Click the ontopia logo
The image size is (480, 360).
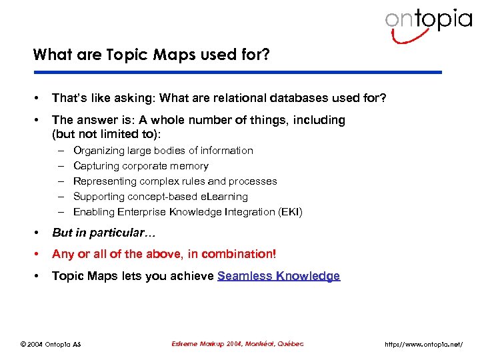click(x=428, y=23)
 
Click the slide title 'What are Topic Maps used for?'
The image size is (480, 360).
click(x=151, y=55)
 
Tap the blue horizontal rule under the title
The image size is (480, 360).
click(x=237, y=72)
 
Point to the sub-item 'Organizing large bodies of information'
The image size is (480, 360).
click(x=163, y=151)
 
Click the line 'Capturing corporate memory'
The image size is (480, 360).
click(x=141, y=166)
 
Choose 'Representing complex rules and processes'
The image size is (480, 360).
click(x=175, y=181)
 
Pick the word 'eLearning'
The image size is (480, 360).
click(x=223, y=197)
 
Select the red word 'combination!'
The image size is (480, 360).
click(x=243, y=254)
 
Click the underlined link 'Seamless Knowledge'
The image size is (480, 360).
click(x=279, y=276)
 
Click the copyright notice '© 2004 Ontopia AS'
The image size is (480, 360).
click(x=50, y=344)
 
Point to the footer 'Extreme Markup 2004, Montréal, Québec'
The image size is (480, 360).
click(x=237, y=343)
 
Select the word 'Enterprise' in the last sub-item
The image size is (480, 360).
click(x=139, y=212)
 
